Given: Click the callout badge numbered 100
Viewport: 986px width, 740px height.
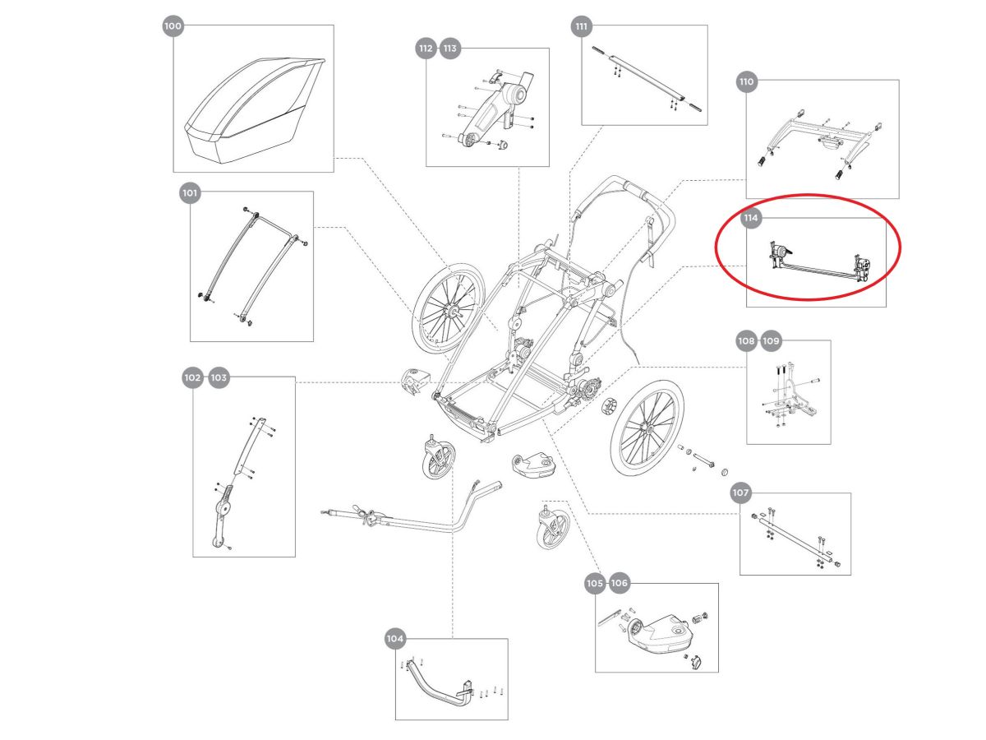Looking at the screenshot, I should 173,26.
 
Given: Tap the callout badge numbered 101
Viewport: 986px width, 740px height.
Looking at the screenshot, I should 190,193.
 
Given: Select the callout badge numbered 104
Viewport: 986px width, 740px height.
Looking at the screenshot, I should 395,639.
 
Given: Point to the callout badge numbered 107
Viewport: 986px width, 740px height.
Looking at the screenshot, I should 740,493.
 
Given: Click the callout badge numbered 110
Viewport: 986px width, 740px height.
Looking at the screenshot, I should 746,82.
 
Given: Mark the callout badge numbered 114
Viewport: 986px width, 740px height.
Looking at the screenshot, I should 749,219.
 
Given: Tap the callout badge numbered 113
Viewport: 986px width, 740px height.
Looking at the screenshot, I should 450,49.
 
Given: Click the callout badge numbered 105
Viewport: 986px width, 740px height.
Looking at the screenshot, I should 594,583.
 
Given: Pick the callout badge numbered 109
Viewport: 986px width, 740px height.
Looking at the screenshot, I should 771,340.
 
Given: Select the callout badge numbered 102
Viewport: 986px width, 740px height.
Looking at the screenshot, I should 192,377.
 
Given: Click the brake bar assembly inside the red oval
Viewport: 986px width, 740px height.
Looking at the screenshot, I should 818,263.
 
